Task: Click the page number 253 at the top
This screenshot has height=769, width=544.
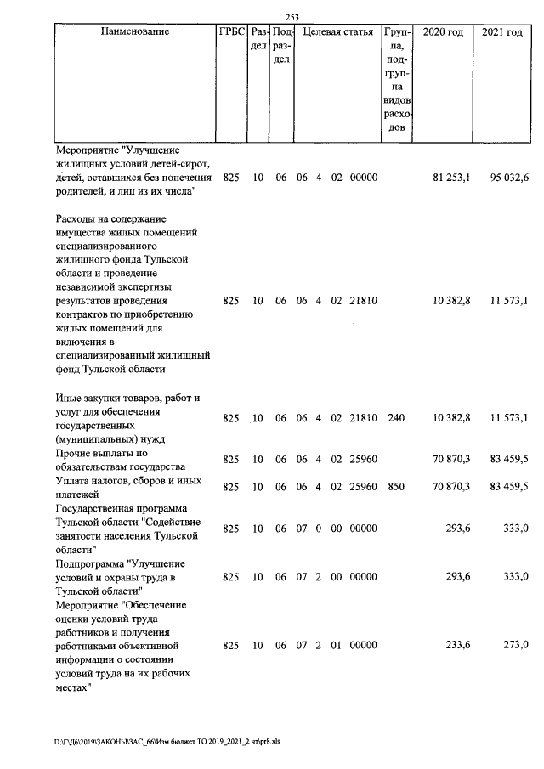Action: [x=293, y=16]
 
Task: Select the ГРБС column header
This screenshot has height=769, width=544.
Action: [x=231, y=32]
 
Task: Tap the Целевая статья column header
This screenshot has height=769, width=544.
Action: [x=337, y=32]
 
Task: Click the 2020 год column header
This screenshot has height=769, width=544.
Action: [x=443, y=32]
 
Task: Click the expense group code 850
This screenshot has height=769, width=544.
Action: [x=395, y=486]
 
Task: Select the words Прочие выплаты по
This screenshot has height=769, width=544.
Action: [x=96, y=453]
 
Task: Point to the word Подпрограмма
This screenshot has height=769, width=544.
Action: [x=89, y=563]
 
